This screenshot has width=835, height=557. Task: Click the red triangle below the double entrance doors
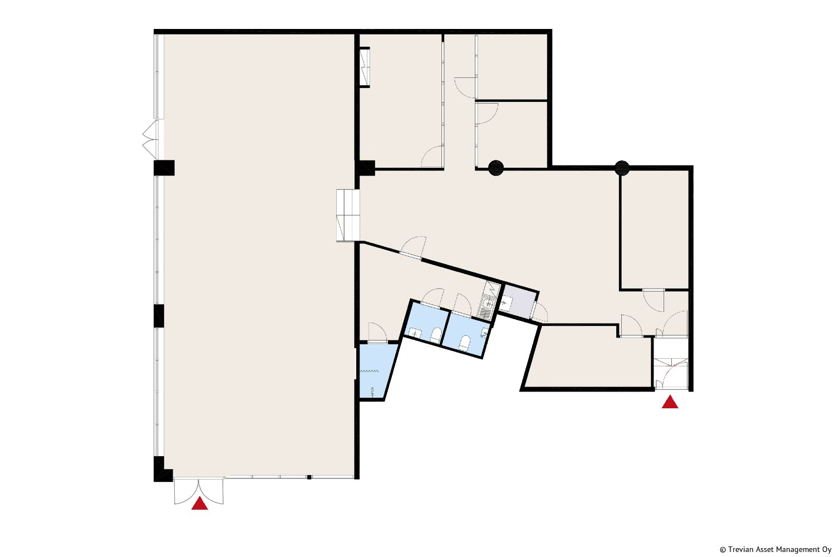click(199, 504)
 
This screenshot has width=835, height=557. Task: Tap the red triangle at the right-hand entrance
click(670, 402)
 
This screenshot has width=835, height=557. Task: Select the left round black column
click(496, 168)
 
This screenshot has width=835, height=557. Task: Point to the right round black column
click(622, 168)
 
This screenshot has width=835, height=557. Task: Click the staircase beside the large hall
click(347, 215)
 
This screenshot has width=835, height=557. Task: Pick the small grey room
click(519, 301)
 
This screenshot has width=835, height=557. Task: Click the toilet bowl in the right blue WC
click(464, 343)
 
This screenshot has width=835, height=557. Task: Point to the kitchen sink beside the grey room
click(487, 304)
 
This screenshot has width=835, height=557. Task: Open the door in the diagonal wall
click(412, 247)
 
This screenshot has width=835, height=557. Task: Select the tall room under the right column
click(655, 230)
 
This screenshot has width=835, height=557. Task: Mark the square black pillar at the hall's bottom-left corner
click(163, 469)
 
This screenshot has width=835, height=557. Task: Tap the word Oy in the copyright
click(827, 550)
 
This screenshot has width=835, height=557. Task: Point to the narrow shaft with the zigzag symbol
click(365, 67)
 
